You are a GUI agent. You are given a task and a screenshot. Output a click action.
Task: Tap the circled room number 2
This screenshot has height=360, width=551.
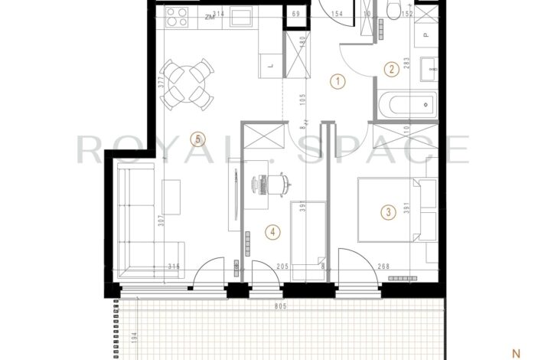point(390,70)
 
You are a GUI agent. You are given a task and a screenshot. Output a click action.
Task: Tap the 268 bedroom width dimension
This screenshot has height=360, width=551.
point(383,267)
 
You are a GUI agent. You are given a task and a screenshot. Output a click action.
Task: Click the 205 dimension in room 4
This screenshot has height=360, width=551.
point(260,267)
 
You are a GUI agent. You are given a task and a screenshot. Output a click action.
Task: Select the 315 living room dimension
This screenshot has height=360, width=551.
point(173,267)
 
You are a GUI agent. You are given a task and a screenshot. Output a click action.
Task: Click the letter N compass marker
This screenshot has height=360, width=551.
point(516,353)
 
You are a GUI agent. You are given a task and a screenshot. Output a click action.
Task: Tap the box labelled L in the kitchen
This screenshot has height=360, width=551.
point(272,67)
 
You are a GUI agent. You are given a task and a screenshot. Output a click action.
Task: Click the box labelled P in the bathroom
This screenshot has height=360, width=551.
point(426,34)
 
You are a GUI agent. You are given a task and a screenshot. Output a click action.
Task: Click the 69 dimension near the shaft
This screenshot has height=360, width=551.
point(295,14)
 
